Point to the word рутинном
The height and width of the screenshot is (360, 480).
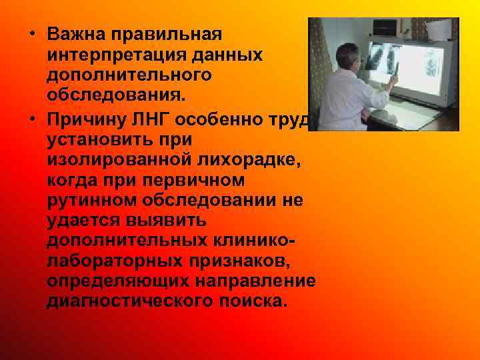tap(83, 199)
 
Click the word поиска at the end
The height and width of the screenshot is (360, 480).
tap(255, 302)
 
